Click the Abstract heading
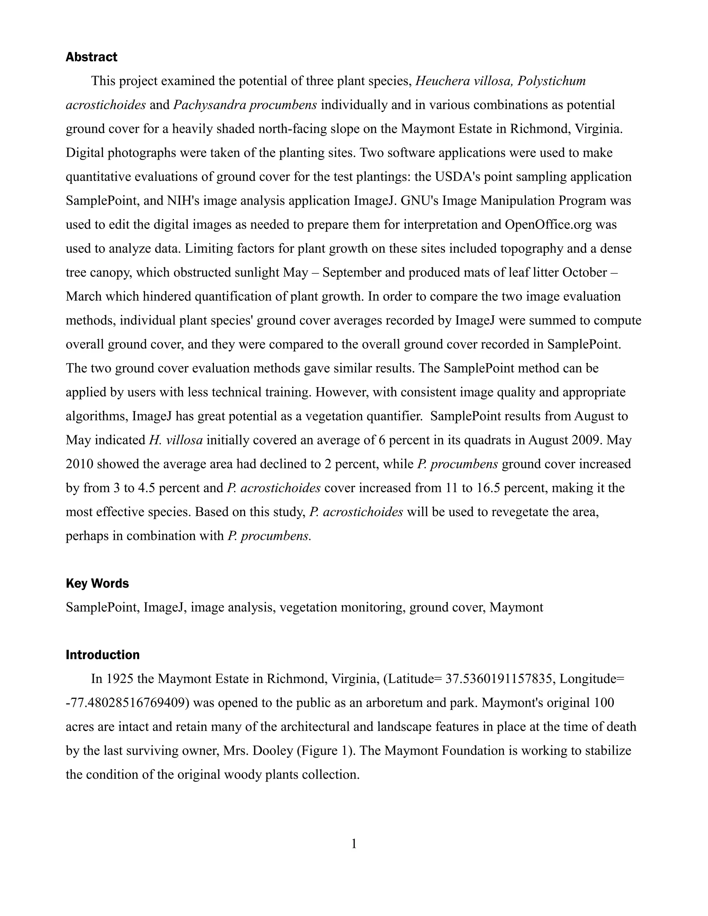pyautogui.click(x=91, y=57)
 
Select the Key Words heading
pyautogui.click(x=97, y=583)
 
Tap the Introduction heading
pyautogui.click(x=103, y=655)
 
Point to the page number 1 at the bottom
pyautogui.click(x=354, y=843)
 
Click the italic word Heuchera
pyautogui.click(x=442, y=81)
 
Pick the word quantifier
pyautogui.click(x=394, y=416)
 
